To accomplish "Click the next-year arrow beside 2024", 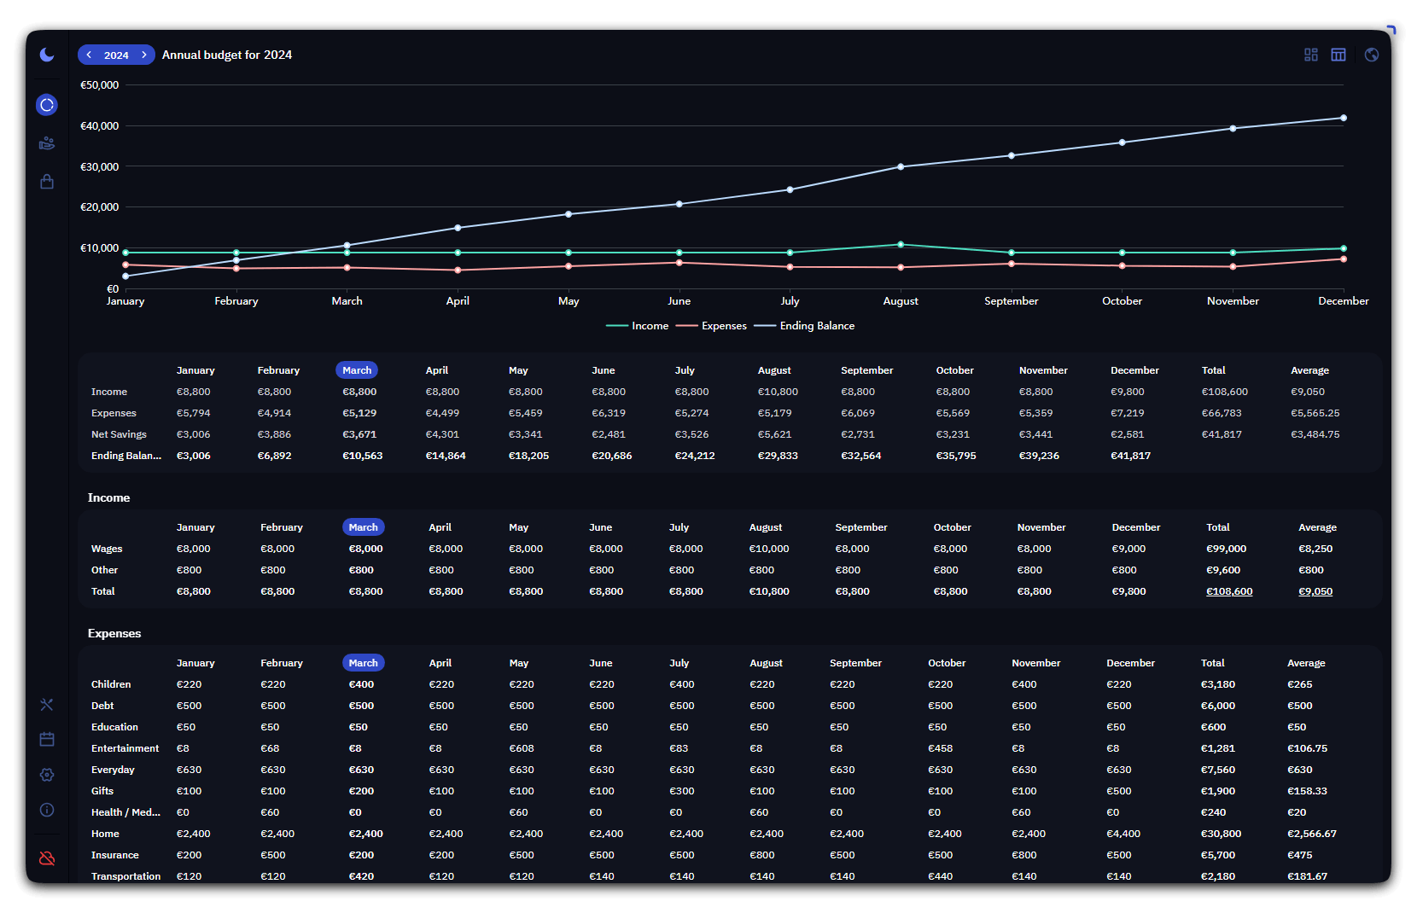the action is coord(144,55).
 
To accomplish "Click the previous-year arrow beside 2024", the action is coord(89,55).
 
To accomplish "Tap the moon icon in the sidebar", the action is coord(47,55).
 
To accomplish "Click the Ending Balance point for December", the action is coord(1343,119).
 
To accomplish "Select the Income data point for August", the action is coord(901,245).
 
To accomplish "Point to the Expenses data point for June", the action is coord(679,263).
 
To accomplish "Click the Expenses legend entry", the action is coord(711,326).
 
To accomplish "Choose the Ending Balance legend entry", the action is coord(804,326).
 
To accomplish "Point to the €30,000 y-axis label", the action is coord(99,167).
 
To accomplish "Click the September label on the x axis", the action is coord(1011,301).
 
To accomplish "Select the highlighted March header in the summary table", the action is coord(357,370).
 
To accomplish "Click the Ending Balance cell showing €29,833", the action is coord(778,456).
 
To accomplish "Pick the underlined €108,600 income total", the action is coord(1229,592).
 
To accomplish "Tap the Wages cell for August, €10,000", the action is coord(768,549).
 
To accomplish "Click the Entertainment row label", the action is coord(125,748).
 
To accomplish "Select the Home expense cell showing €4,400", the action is coord(1123,834).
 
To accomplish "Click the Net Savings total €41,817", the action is coord(1222,434).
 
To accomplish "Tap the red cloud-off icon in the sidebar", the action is coord(47,858).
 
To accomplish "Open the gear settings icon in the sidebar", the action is coord(47,775).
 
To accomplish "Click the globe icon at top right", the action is coord(1372,55).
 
